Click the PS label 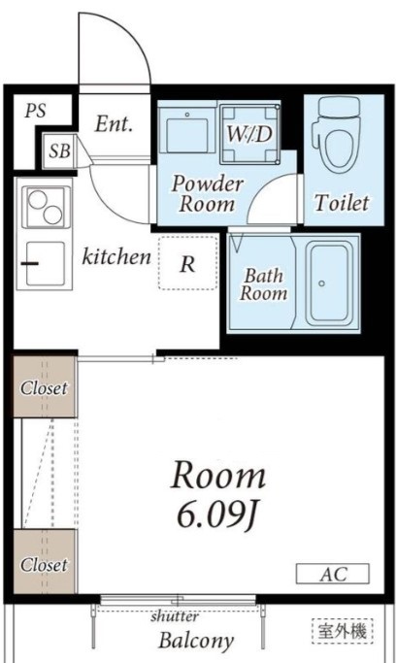coord(36,111)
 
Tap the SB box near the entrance coord(59,151)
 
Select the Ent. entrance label coord(114,124)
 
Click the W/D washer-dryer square coord(249,134)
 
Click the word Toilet coord(342,203)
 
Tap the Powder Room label coord(208,194)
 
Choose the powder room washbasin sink coord(186,129)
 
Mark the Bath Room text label coord(263,284)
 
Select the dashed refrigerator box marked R coord(188,263)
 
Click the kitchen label coord(116,256)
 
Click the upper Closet coord(44,387)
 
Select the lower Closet coord(44,561)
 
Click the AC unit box coord(333,574)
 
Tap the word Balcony coord(196,640)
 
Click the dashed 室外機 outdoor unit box coord(343,631)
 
